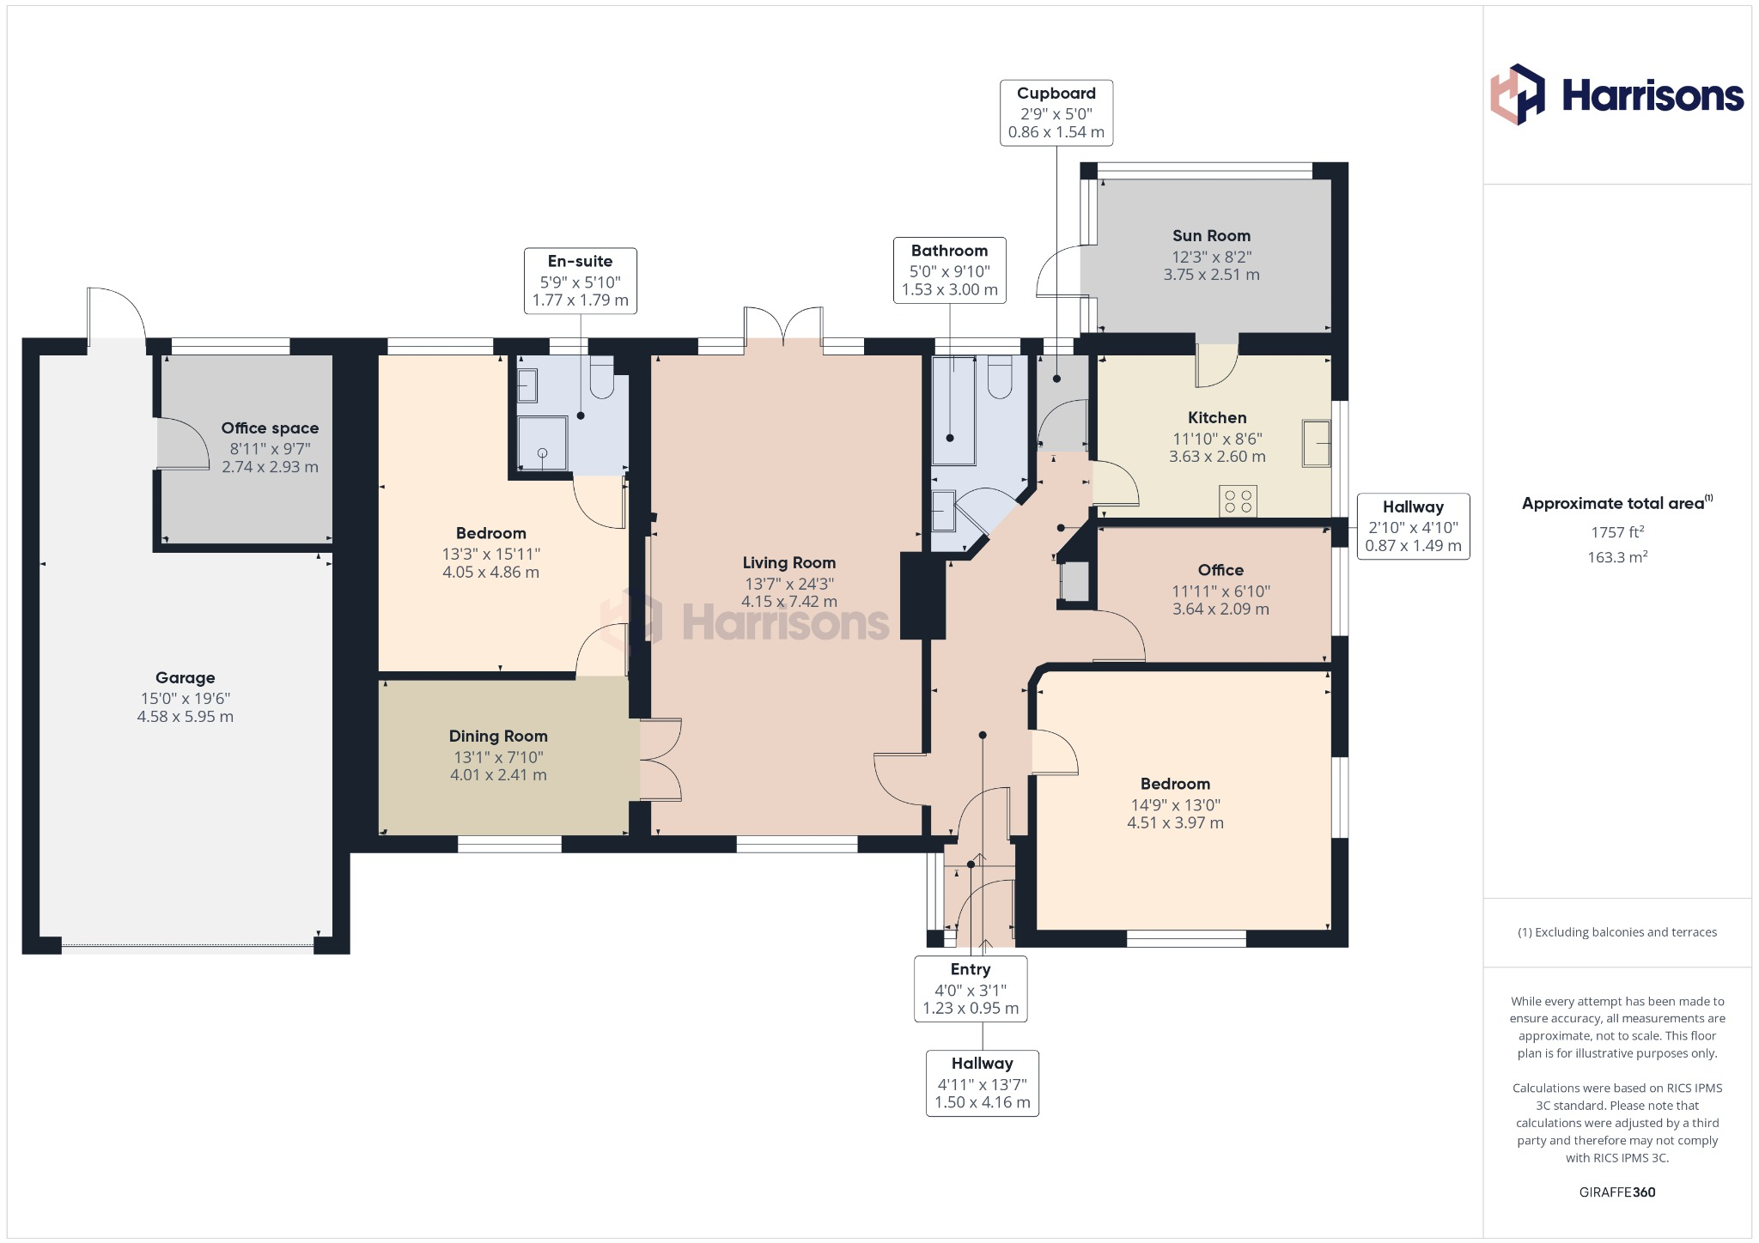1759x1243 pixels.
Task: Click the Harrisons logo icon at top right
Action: point(1517,94)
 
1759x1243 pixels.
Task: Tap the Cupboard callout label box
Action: point(1056,112)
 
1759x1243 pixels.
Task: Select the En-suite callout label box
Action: point(580,281)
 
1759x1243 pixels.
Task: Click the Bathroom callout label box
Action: point(949,270)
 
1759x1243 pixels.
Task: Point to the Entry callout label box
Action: point(971,988)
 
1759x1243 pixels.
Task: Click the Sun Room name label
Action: point(1211,235)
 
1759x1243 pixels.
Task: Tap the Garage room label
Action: point(185,677)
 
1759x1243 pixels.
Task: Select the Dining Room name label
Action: point(498,736)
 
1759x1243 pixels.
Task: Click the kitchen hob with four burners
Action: point(1238,501)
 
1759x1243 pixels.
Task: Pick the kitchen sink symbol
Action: point(1315,442)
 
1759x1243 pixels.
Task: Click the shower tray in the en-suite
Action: point(542,443)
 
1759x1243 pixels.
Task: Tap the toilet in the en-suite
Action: point(602,378)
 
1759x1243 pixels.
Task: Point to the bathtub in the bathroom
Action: point(953,409)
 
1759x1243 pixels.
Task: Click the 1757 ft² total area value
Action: point(1617,532)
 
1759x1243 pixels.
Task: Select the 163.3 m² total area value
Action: point(1617,557)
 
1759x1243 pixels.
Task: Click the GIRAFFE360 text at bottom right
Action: point(1617,1191)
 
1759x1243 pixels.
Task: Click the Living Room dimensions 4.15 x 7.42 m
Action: point(788,602)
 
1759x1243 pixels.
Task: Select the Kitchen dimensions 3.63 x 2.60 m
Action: point(1217,457)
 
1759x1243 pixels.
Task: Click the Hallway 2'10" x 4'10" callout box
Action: point(1413,526)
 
